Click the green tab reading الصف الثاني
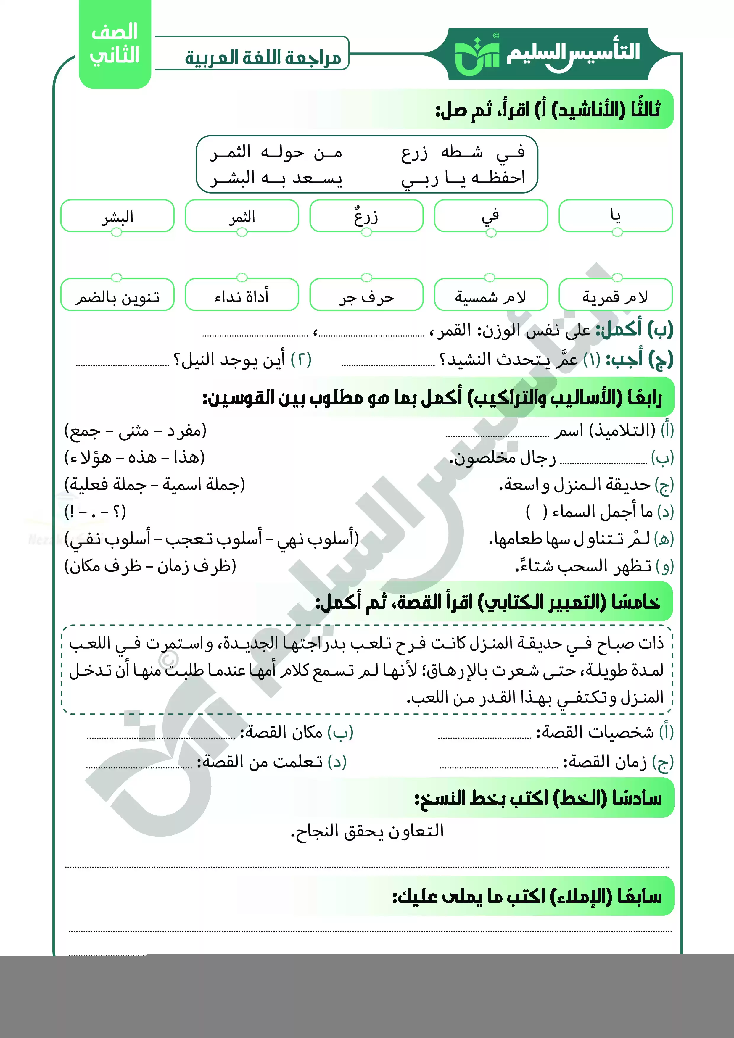[x=115, y=44]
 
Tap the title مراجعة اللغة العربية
[x=263, y=57]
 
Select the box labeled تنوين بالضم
[x=117, y=296]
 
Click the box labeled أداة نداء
[x=242, y=296]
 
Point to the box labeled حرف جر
[x=366, y=296]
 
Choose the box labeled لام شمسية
[x=491, y=296]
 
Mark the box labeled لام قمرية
[x=616, y=296]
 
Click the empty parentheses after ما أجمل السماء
[x=536, y=512]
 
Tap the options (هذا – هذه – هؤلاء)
[x=135, y=457]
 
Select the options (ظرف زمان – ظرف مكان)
[x=150, y=565]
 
